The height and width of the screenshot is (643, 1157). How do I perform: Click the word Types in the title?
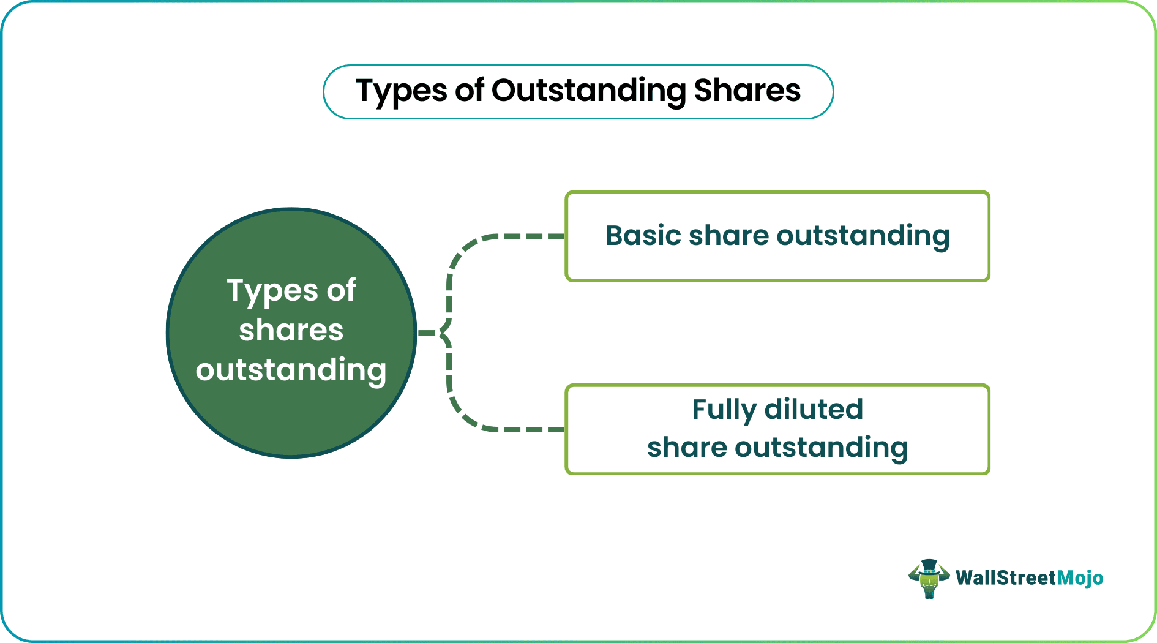tap(402, 92)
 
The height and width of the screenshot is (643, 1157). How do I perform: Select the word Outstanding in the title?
tap(588, 92)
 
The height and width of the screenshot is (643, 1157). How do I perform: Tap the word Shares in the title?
tap(747, 91)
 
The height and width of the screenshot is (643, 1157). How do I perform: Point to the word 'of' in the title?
tap(470, 91)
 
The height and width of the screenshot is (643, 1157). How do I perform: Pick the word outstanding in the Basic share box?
tap(863, 236)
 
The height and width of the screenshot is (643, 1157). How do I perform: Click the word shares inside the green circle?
tap(291, 331)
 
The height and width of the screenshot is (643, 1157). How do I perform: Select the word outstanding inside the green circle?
tap(291, 370)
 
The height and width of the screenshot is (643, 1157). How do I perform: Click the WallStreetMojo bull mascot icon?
tap(929, 579)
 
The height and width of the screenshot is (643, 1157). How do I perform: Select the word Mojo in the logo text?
tap(1080, 578)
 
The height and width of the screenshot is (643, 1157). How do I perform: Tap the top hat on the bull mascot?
tap(929, 565)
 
